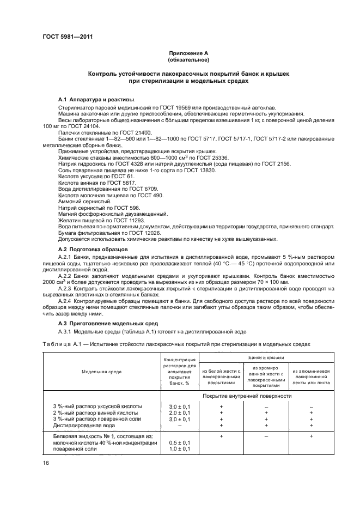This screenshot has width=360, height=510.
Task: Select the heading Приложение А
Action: pos(188,53)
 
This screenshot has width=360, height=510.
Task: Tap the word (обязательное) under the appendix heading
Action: pos(188,59)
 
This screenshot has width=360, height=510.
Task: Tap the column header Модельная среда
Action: pos(102,371)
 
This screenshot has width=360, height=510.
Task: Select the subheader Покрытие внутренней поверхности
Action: pos(247,396)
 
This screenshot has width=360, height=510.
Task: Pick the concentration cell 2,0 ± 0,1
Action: pos(175,412)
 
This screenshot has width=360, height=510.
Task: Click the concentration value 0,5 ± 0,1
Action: pos(175,442)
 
